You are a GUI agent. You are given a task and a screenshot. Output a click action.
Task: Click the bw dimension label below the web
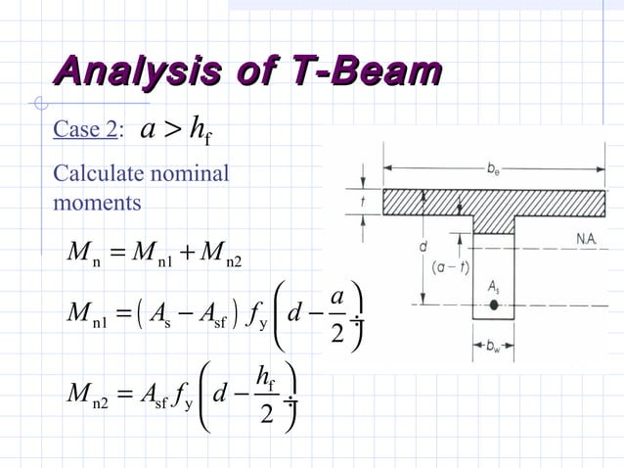[x=494, y=348]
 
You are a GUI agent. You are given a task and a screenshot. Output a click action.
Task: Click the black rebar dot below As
[x=494, y=305]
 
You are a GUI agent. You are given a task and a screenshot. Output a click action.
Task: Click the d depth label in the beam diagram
[x=423, y=247]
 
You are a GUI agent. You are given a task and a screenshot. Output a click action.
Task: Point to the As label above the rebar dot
[x=495, y=287]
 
